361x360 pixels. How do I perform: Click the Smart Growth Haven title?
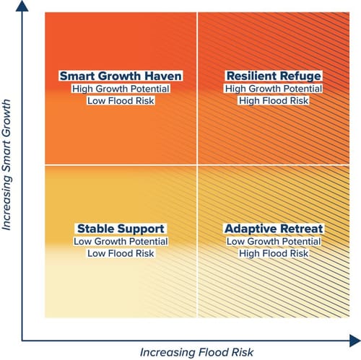click(121, 76)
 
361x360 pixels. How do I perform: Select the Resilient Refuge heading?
click(274, 76)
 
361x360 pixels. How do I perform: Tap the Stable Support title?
click(121, 229)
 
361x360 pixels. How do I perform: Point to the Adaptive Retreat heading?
click(274, 229)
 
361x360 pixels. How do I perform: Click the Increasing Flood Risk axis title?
click(196, 352)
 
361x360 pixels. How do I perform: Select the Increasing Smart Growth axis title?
click(6, 164)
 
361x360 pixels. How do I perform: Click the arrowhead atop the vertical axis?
click(22, 6)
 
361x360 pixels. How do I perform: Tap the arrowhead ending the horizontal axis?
click(355, 341)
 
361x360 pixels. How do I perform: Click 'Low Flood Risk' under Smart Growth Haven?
click(121, 100)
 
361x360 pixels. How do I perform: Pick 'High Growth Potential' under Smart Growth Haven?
click(121, 89)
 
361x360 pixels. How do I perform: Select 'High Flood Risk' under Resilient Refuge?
click(274, 100)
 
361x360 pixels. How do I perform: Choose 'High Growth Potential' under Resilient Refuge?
click(274, 89)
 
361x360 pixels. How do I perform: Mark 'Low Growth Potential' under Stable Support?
click(121, 242)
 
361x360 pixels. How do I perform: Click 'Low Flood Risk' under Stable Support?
click(121, 253)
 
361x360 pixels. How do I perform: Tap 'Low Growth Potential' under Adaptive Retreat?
click(274, 242)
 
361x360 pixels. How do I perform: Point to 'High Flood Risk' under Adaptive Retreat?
click(274, 253)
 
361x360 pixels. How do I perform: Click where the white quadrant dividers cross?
click(197, 165)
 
